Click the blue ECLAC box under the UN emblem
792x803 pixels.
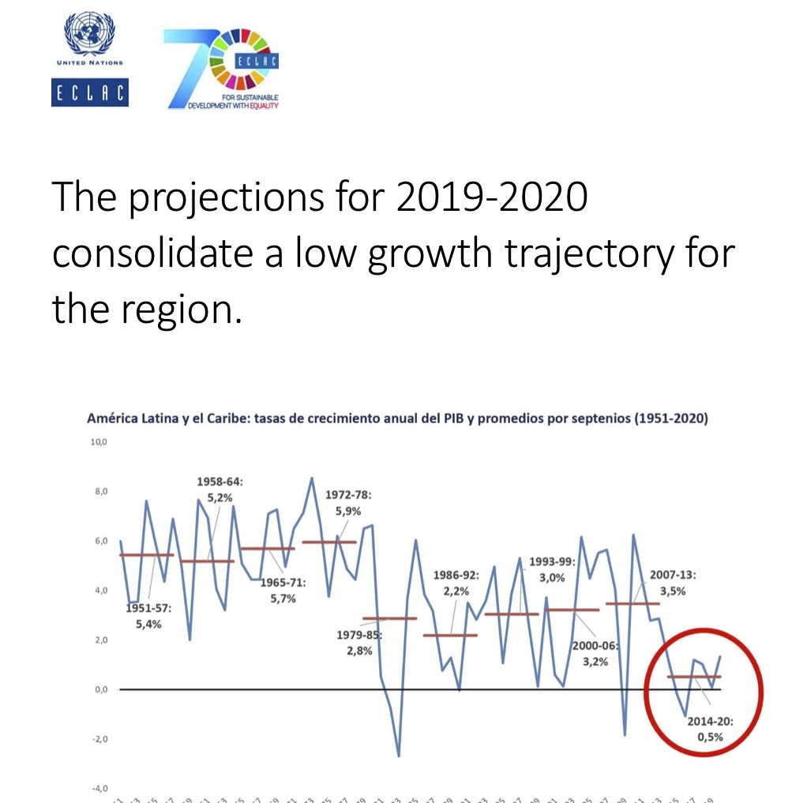(89, 92)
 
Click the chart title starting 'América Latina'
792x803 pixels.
(396, 418)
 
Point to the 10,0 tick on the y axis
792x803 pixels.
(97, 443)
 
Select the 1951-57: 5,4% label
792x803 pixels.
(148, 616)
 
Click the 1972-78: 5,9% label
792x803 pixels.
(348, 503)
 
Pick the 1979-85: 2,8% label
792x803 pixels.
(359, 643)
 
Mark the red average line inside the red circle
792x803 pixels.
(694, 677)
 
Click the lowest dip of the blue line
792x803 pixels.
(399, 756)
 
